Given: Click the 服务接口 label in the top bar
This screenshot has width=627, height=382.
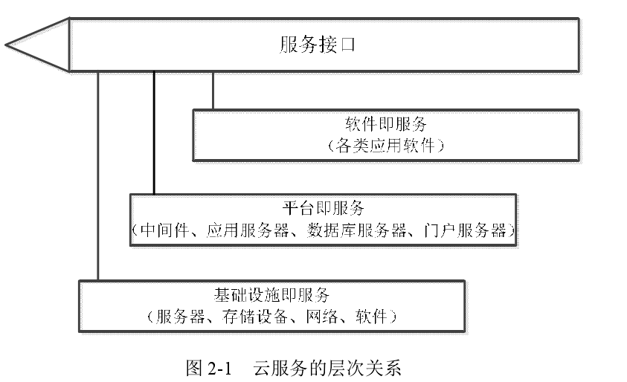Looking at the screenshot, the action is click(317, 45).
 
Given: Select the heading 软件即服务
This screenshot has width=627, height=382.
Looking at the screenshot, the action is click(386, 124).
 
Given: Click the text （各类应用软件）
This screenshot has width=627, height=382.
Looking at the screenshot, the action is click(386, 146).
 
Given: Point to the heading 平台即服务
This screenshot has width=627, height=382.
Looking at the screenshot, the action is click(323, 208).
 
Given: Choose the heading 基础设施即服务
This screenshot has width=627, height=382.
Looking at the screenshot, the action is click(271, 295).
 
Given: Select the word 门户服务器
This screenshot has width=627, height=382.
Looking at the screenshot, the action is click(465, 230).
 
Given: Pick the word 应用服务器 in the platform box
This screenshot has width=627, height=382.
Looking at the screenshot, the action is click(248, 230).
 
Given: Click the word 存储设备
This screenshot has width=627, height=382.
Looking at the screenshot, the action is click(255, 317).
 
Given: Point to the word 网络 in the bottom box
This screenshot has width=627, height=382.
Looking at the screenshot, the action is click(322, 317).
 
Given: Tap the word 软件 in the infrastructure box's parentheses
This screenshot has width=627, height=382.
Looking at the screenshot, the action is click(371, 317).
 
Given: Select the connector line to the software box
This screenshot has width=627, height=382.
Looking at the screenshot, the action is click(213, 91).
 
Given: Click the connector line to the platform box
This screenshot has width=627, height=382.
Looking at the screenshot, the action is click(154, 133).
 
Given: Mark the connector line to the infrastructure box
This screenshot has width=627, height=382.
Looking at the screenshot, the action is click(98, 176).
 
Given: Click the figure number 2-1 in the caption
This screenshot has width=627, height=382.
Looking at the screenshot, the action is click(220, 368).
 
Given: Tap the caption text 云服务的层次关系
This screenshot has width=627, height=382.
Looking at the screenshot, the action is click(327, 368).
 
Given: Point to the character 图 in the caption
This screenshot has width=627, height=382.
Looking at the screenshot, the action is click(194, 368).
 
